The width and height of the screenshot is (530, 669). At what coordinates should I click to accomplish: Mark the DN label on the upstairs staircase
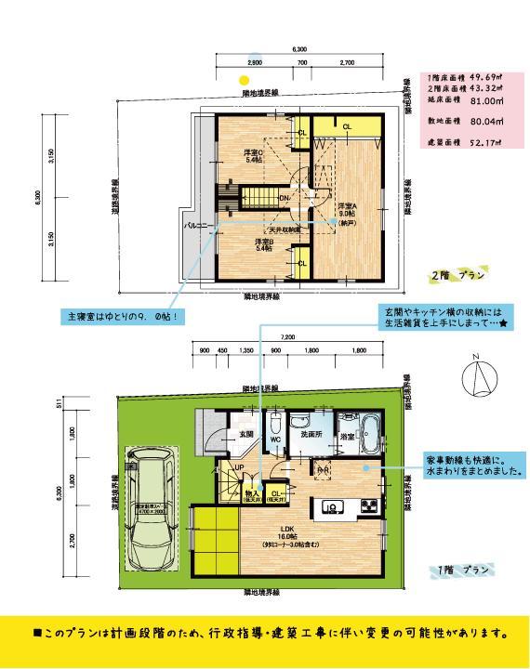click(x=285, y=197)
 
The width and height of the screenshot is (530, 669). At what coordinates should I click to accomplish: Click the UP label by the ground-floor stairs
click(x=238, y=468)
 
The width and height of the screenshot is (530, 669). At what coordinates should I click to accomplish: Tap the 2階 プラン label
click(x=457, y=276)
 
